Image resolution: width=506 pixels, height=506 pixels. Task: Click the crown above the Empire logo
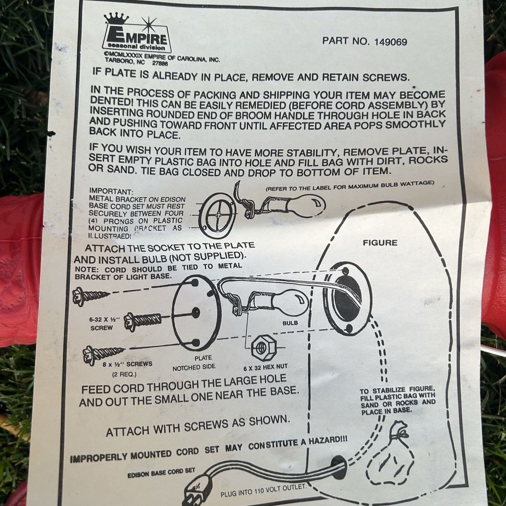click(x=116, y=19)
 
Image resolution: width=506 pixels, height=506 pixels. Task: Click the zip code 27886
click(x=160, y=63)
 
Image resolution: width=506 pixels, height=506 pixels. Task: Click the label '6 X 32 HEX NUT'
click(x=265, y=367)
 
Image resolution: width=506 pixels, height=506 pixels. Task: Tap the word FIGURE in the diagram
click(x=380, y=243)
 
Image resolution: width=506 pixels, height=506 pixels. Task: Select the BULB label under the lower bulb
click(x=290, y=323)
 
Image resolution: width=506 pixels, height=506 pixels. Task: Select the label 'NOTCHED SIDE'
click(x=194, y=368)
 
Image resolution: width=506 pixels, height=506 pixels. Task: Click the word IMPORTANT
click(x=110, y=191)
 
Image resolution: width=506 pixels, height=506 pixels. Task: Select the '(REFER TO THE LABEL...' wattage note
click(x=349, y=186)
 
